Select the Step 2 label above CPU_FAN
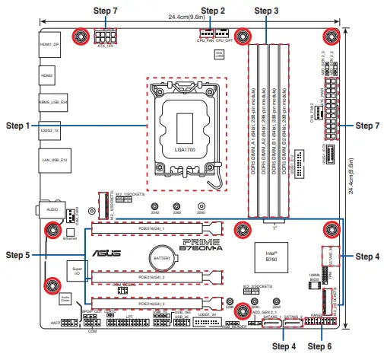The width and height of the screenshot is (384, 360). (x=212, y=11)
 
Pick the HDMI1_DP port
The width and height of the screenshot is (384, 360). (x=49, y=46)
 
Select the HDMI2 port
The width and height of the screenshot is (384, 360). (x=47, y=77)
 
